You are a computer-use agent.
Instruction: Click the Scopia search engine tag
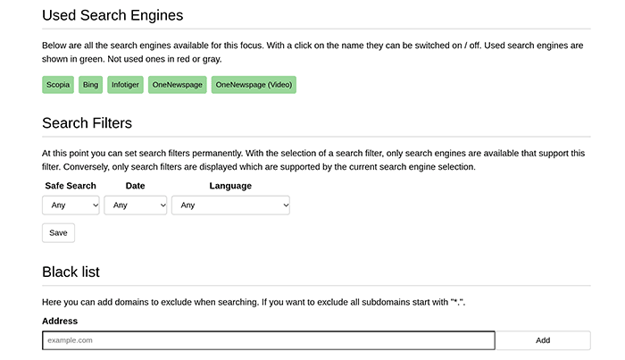pos(57,85)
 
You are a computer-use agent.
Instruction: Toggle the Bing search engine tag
pos(90,85)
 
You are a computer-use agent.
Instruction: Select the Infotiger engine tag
pos(125,85)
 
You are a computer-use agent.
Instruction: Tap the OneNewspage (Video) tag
pos(254,85)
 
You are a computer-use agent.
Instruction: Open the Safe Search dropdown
pos(71,205)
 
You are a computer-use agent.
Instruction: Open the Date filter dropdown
pos(136,205)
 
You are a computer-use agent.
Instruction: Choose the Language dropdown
pos(230,205)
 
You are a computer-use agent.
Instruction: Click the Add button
pos(543,340)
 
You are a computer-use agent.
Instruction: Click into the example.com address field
pos(268,340)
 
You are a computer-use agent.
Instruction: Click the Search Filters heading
pos(87,122)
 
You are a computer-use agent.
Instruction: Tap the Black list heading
pos(71,272)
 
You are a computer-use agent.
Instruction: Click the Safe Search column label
pos(71,186)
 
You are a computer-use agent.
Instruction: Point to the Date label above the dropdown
pos(136,186)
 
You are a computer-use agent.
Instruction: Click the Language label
pos(230,186)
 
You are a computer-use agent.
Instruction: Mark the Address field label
pos(60,321)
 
